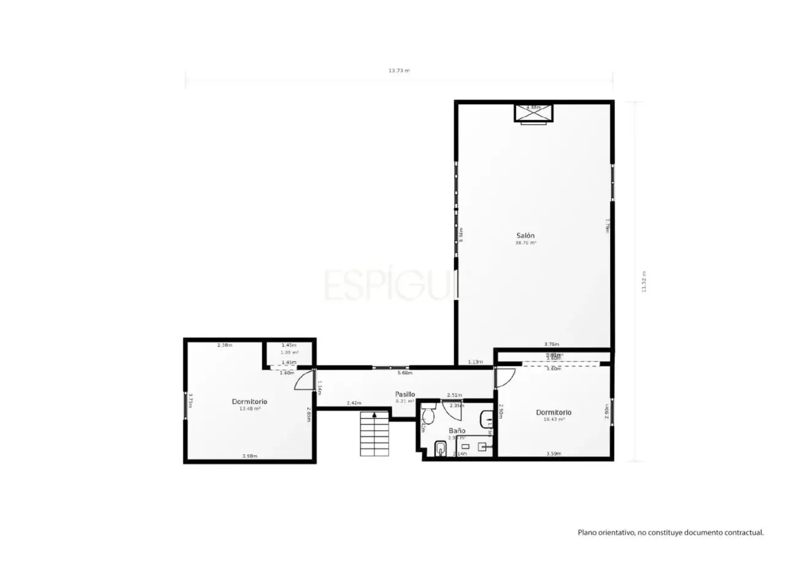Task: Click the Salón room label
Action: click(525, 235)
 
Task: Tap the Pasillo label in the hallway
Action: click(405, 394)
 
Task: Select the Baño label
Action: click(457, 430)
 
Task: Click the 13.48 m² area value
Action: click(250, 408)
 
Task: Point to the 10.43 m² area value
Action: click(554, 419)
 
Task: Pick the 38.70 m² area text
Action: click(525, 243)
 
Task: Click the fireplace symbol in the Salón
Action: click(533, 113)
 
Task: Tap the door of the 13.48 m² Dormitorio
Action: click(305, 380)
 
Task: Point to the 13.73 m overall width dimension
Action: click(398, 70)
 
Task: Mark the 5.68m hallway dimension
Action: click(405, 373)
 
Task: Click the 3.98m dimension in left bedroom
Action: click(250, 456)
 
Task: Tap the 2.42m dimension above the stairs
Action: click(354, 403)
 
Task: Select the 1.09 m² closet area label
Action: click(289, 352)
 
